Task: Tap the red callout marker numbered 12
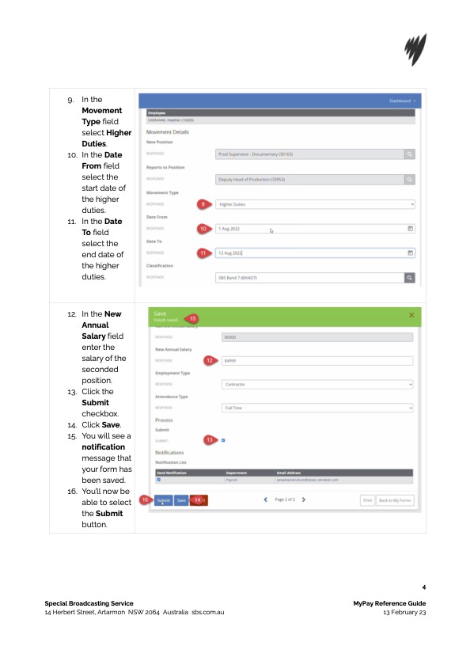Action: [x=208, y=360]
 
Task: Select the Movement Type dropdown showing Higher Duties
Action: [x=315, y=204]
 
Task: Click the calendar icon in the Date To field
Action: [x=410, y=253]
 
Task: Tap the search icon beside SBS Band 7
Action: [x=410, y=278]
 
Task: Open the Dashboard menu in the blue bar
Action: [x=402, y=101]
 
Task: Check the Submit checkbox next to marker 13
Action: [x=224, y=439]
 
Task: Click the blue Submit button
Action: [x=164, y=500]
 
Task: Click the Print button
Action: [x=367, y=500]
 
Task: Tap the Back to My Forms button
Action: [x=395, y=500]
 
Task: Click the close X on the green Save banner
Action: [x=411, y=315]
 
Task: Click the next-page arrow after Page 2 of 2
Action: [x=304, y=500]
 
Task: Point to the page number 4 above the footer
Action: [x=424, y=587]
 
